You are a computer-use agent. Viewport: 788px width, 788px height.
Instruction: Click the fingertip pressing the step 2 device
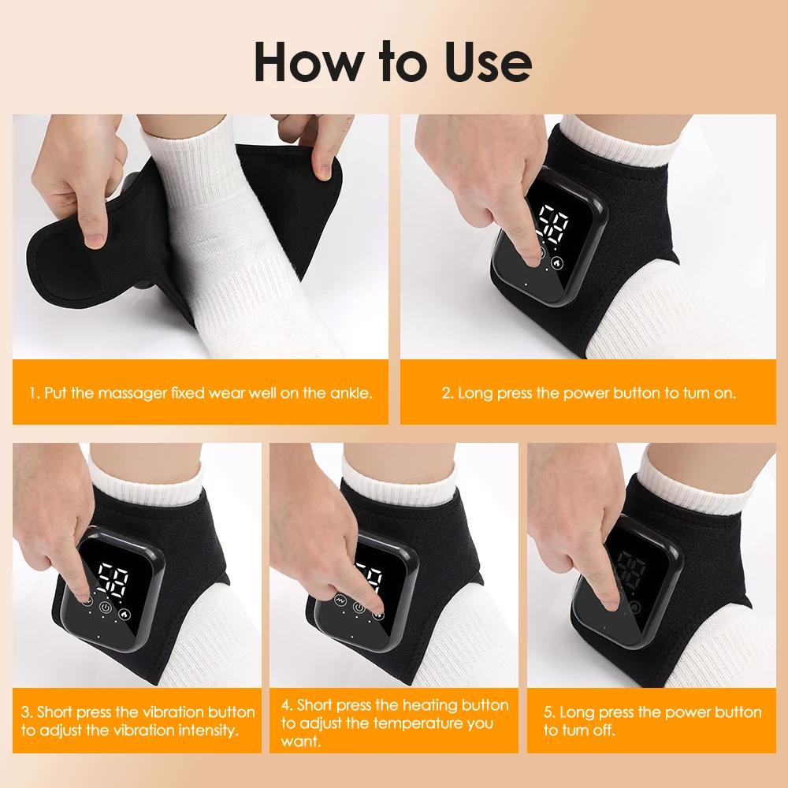tap(536, 255)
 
